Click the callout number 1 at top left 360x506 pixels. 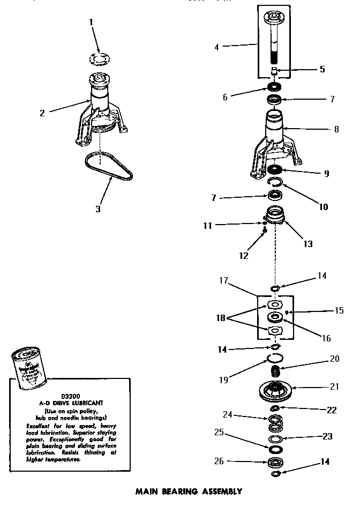(x=91, y=22)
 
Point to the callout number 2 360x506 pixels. (x=42, y=113)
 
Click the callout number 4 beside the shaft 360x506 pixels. (x=217, y=47)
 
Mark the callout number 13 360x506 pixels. (x=308, y=244)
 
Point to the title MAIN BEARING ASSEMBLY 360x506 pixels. (x=188, y=491)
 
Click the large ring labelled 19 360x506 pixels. (x=274, y=359)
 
